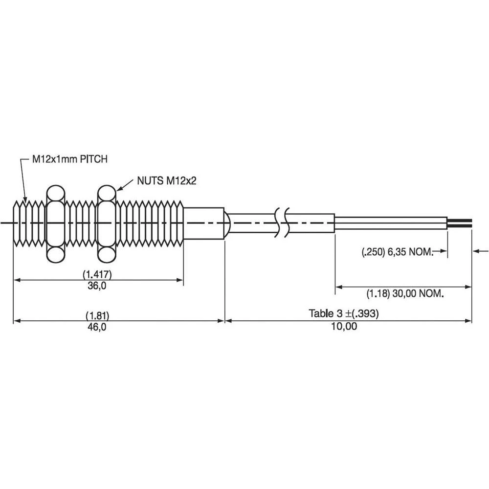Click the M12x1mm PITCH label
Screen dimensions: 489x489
(x=70, y=159)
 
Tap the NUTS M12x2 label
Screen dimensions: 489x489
(x=167, y=180)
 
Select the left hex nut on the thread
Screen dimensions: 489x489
(x=56, y=223)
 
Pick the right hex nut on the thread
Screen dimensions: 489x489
(x=107, y=223)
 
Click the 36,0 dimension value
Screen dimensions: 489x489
(x=97, y=286)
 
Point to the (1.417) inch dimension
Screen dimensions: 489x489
(x=97, y=274)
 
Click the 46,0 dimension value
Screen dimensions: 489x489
(x=97, y=327)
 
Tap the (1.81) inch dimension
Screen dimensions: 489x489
(x=97, y=316)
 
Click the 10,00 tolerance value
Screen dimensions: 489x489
(x=344, y=327)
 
